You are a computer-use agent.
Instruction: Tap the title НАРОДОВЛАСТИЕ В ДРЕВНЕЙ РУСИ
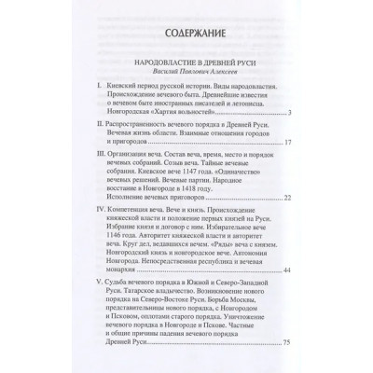click(x=186, y=65)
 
